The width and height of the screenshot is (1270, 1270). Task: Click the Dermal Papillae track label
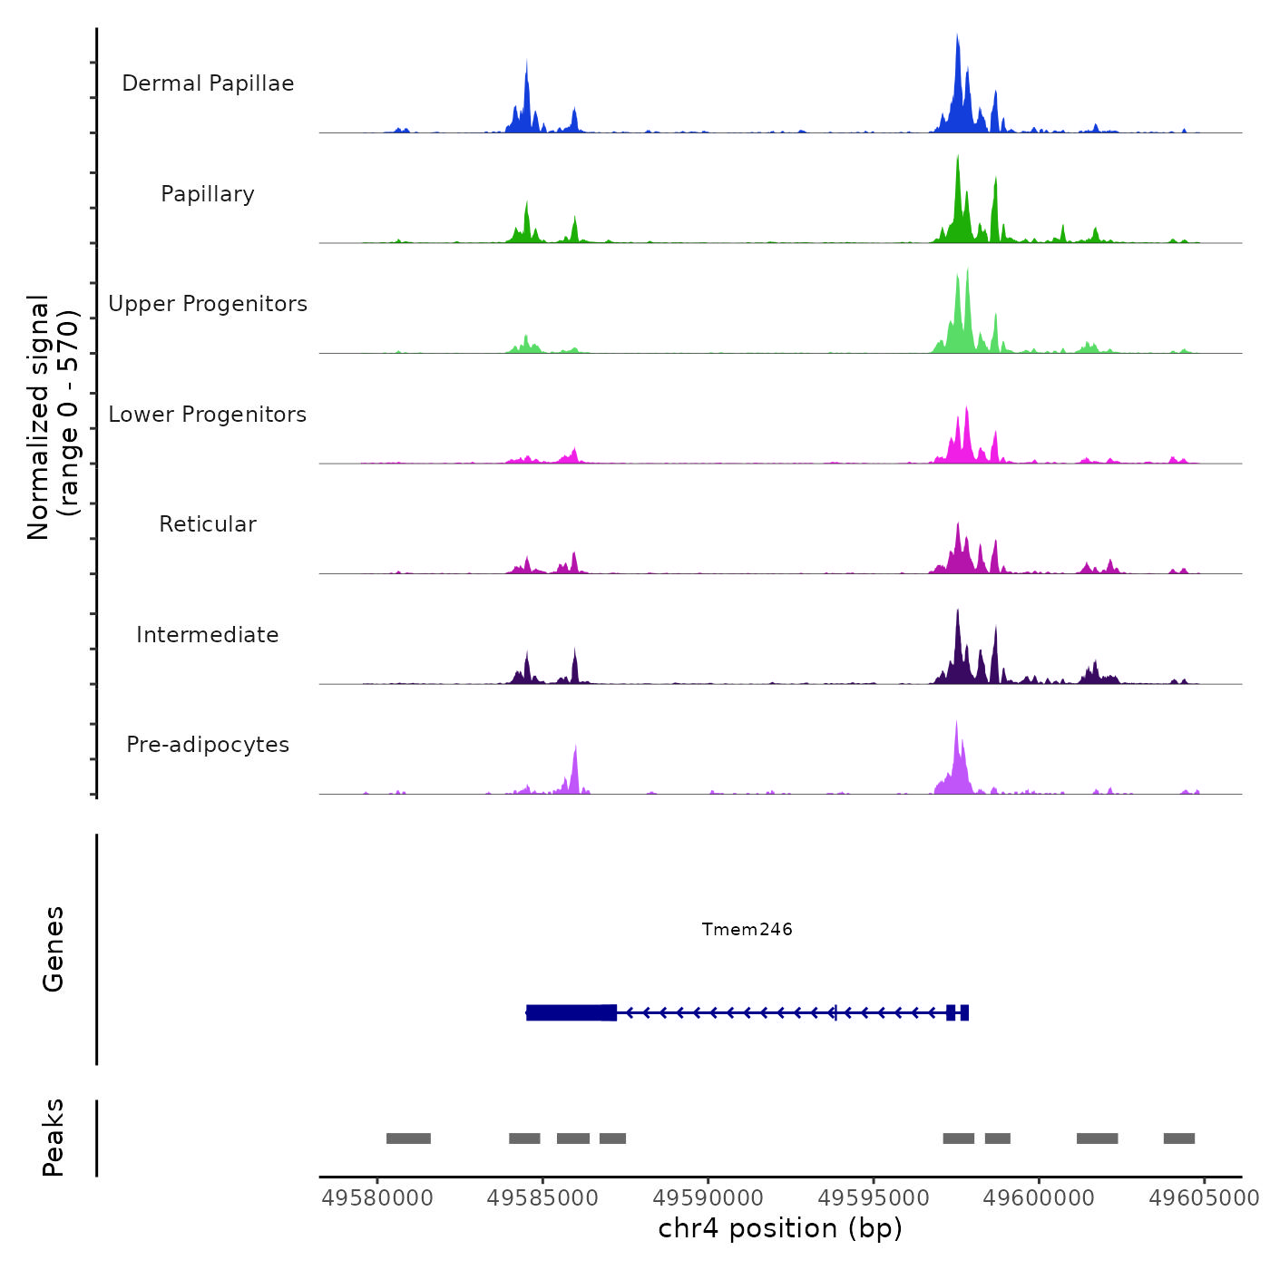208,83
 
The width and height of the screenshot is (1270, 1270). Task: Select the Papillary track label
208,194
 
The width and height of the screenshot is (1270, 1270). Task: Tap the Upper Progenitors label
208,304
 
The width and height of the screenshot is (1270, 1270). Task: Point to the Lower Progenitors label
208,415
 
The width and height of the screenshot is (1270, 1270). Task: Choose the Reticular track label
208,524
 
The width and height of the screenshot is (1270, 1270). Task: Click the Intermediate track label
208,635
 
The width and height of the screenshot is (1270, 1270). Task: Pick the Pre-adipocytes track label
208,745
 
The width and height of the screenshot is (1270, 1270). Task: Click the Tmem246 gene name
747,929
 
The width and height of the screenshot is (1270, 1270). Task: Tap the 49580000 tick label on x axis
377,1198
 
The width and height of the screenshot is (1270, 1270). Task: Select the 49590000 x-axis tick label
708,1198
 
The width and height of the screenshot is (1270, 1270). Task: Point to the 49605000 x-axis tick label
1204,1198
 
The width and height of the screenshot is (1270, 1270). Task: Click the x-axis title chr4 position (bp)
780,1228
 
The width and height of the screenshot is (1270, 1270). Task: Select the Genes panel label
54,949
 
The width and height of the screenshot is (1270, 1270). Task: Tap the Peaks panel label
54,1138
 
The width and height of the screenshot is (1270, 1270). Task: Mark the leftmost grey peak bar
408,1138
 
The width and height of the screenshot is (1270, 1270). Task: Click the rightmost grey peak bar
1179,1138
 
